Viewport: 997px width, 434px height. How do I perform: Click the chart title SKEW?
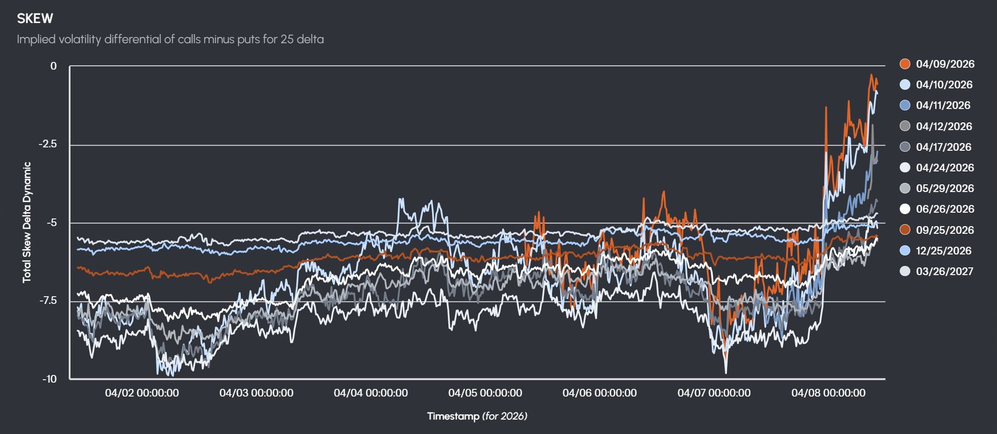[x=35, y=19]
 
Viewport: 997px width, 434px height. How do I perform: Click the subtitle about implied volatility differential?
[x=170, y=39]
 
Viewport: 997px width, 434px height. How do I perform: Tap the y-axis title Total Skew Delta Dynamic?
[x=27, y=222]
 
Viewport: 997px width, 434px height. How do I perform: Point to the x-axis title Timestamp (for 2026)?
[x=477, y=416]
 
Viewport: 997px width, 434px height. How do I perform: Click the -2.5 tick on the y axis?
[x=47, y=144]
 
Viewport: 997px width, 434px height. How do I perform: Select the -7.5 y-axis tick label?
[x=47, y=301]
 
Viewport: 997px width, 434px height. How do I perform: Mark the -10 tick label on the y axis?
[x=49, y=379]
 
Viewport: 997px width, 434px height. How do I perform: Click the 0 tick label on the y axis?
[x=53, y=66]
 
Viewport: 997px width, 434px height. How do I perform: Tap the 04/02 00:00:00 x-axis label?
[x=142, y=393]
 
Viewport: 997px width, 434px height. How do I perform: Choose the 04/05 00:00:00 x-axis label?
[x=485, y=393]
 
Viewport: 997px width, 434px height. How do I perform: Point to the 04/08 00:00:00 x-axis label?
[x=828, y=393]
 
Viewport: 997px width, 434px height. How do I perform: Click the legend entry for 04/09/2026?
[x=945, y=64]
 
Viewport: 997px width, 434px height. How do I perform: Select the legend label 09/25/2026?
[x=945, y=230]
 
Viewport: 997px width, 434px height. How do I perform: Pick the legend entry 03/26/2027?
[x=944, y=271]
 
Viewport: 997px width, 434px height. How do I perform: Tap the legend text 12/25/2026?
[x=943, y=251]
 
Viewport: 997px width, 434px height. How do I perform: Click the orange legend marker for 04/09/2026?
[x=905, y=64]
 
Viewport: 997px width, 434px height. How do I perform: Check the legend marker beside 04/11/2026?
[x=905, y=105]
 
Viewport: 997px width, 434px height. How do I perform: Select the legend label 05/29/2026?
[x=945, y=188]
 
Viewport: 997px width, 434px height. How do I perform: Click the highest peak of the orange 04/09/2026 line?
[x=871, y=75]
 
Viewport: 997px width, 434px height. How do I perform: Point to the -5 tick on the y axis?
[x=51, y=222]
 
